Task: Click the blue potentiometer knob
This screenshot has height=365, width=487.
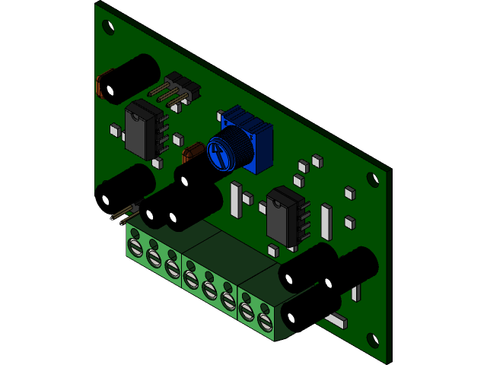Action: tap(227, 150)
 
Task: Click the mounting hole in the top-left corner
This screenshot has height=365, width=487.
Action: tap(108, 28)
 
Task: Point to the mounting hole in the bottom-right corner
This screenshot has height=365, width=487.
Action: tap(372, 339)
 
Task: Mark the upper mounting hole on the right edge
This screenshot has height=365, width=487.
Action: tap(372, 179)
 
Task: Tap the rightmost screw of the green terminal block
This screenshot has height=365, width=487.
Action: tap(265, 322)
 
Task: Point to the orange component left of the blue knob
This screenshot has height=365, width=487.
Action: tap(194, 152)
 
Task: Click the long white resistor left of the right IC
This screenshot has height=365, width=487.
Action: tap(236, 199)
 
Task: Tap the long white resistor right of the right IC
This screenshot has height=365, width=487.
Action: tap(326, 222)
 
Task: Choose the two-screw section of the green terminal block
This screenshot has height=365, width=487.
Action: tap(257, 308)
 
